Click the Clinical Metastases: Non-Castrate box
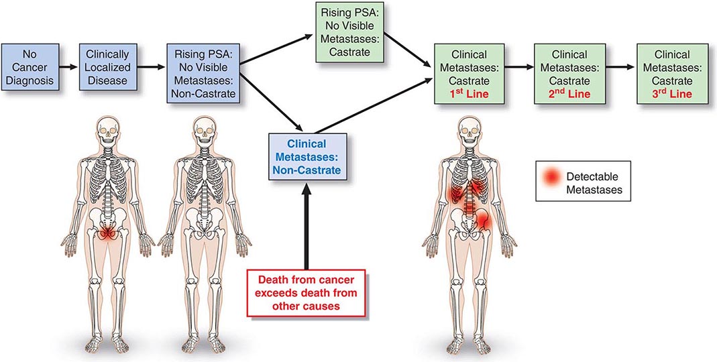(x=310, y=157)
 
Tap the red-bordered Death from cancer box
(x=308, y=294)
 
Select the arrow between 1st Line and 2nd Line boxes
(x=516, y=67)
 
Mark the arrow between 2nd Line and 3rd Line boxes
(x=617, y=67)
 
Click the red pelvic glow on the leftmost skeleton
(x=107, y=234)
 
